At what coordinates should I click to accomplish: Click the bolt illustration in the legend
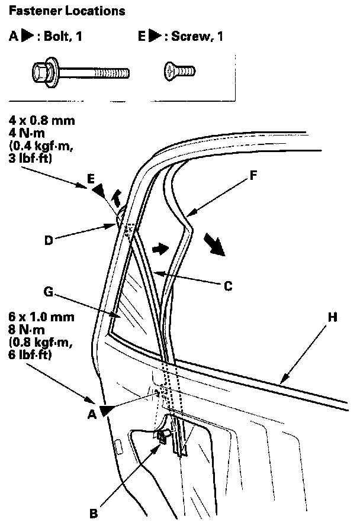point(79,73)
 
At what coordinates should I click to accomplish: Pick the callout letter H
point(332,318)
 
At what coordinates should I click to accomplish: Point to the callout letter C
point(227,286)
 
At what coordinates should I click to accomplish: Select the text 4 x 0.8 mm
point(42,121)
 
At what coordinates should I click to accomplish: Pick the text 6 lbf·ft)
point(34,355)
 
